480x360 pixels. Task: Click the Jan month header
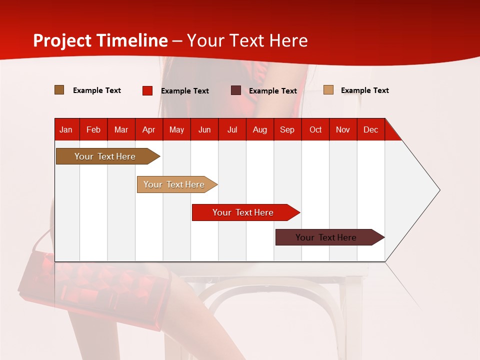66,129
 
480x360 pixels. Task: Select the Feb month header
93,129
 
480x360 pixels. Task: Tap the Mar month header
121,129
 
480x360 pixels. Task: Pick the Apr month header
149,129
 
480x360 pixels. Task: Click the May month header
176,129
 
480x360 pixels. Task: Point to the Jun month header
204,129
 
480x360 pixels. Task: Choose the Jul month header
232,129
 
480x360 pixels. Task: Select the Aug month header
260,129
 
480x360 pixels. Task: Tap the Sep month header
287,129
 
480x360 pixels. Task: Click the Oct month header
315,129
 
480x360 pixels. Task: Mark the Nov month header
343,129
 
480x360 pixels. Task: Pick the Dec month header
370,129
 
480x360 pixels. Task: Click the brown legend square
59,90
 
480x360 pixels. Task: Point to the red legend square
147,90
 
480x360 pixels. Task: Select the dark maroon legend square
236,90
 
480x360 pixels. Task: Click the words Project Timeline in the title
100,40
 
